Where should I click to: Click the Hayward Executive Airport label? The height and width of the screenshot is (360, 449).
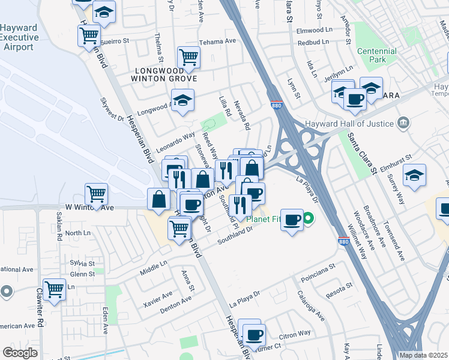pos(19,37)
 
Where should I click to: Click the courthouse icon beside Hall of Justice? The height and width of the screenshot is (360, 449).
pos(403,124)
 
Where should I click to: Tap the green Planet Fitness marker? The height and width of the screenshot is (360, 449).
pos(309,218)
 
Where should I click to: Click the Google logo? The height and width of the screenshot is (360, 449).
pos(20,353)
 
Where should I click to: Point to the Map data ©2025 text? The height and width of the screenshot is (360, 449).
pos(423,355)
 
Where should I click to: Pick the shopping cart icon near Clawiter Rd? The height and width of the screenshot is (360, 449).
pos(55,289)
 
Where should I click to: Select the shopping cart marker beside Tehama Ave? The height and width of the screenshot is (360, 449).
pos(188,58)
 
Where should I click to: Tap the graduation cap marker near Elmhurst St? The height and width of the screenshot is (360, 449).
pos(414,175)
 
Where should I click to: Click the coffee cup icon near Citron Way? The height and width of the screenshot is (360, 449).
pos(254,334)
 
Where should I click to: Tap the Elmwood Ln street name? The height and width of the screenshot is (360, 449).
pos(314,29)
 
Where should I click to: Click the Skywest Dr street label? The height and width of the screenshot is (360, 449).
pos(112,110)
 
